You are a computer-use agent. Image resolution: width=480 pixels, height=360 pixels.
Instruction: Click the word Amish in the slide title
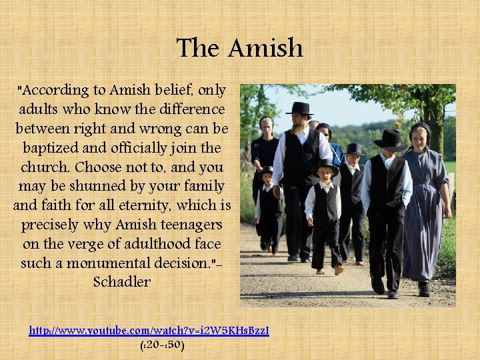pos(265,48)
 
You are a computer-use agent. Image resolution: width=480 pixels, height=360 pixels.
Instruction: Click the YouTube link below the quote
pos(149,330)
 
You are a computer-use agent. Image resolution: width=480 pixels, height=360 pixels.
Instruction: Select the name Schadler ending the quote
pos(122,282)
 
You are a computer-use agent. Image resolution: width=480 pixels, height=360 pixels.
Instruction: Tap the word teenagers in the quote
pos(189,225)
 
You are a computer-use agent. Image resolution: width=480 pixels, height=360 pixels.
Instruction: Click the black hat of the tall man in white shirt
pos(299,109)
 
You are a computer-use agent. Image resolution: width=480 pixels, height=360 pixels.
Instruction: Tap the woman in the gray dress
pos(424,207)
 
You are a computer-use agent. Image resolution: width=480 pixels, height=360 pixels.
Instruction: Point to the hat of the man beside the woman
pos(391,139)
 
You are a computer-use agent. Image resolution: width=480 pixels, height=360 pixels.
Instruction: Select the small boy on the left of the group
pos(268,207)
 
